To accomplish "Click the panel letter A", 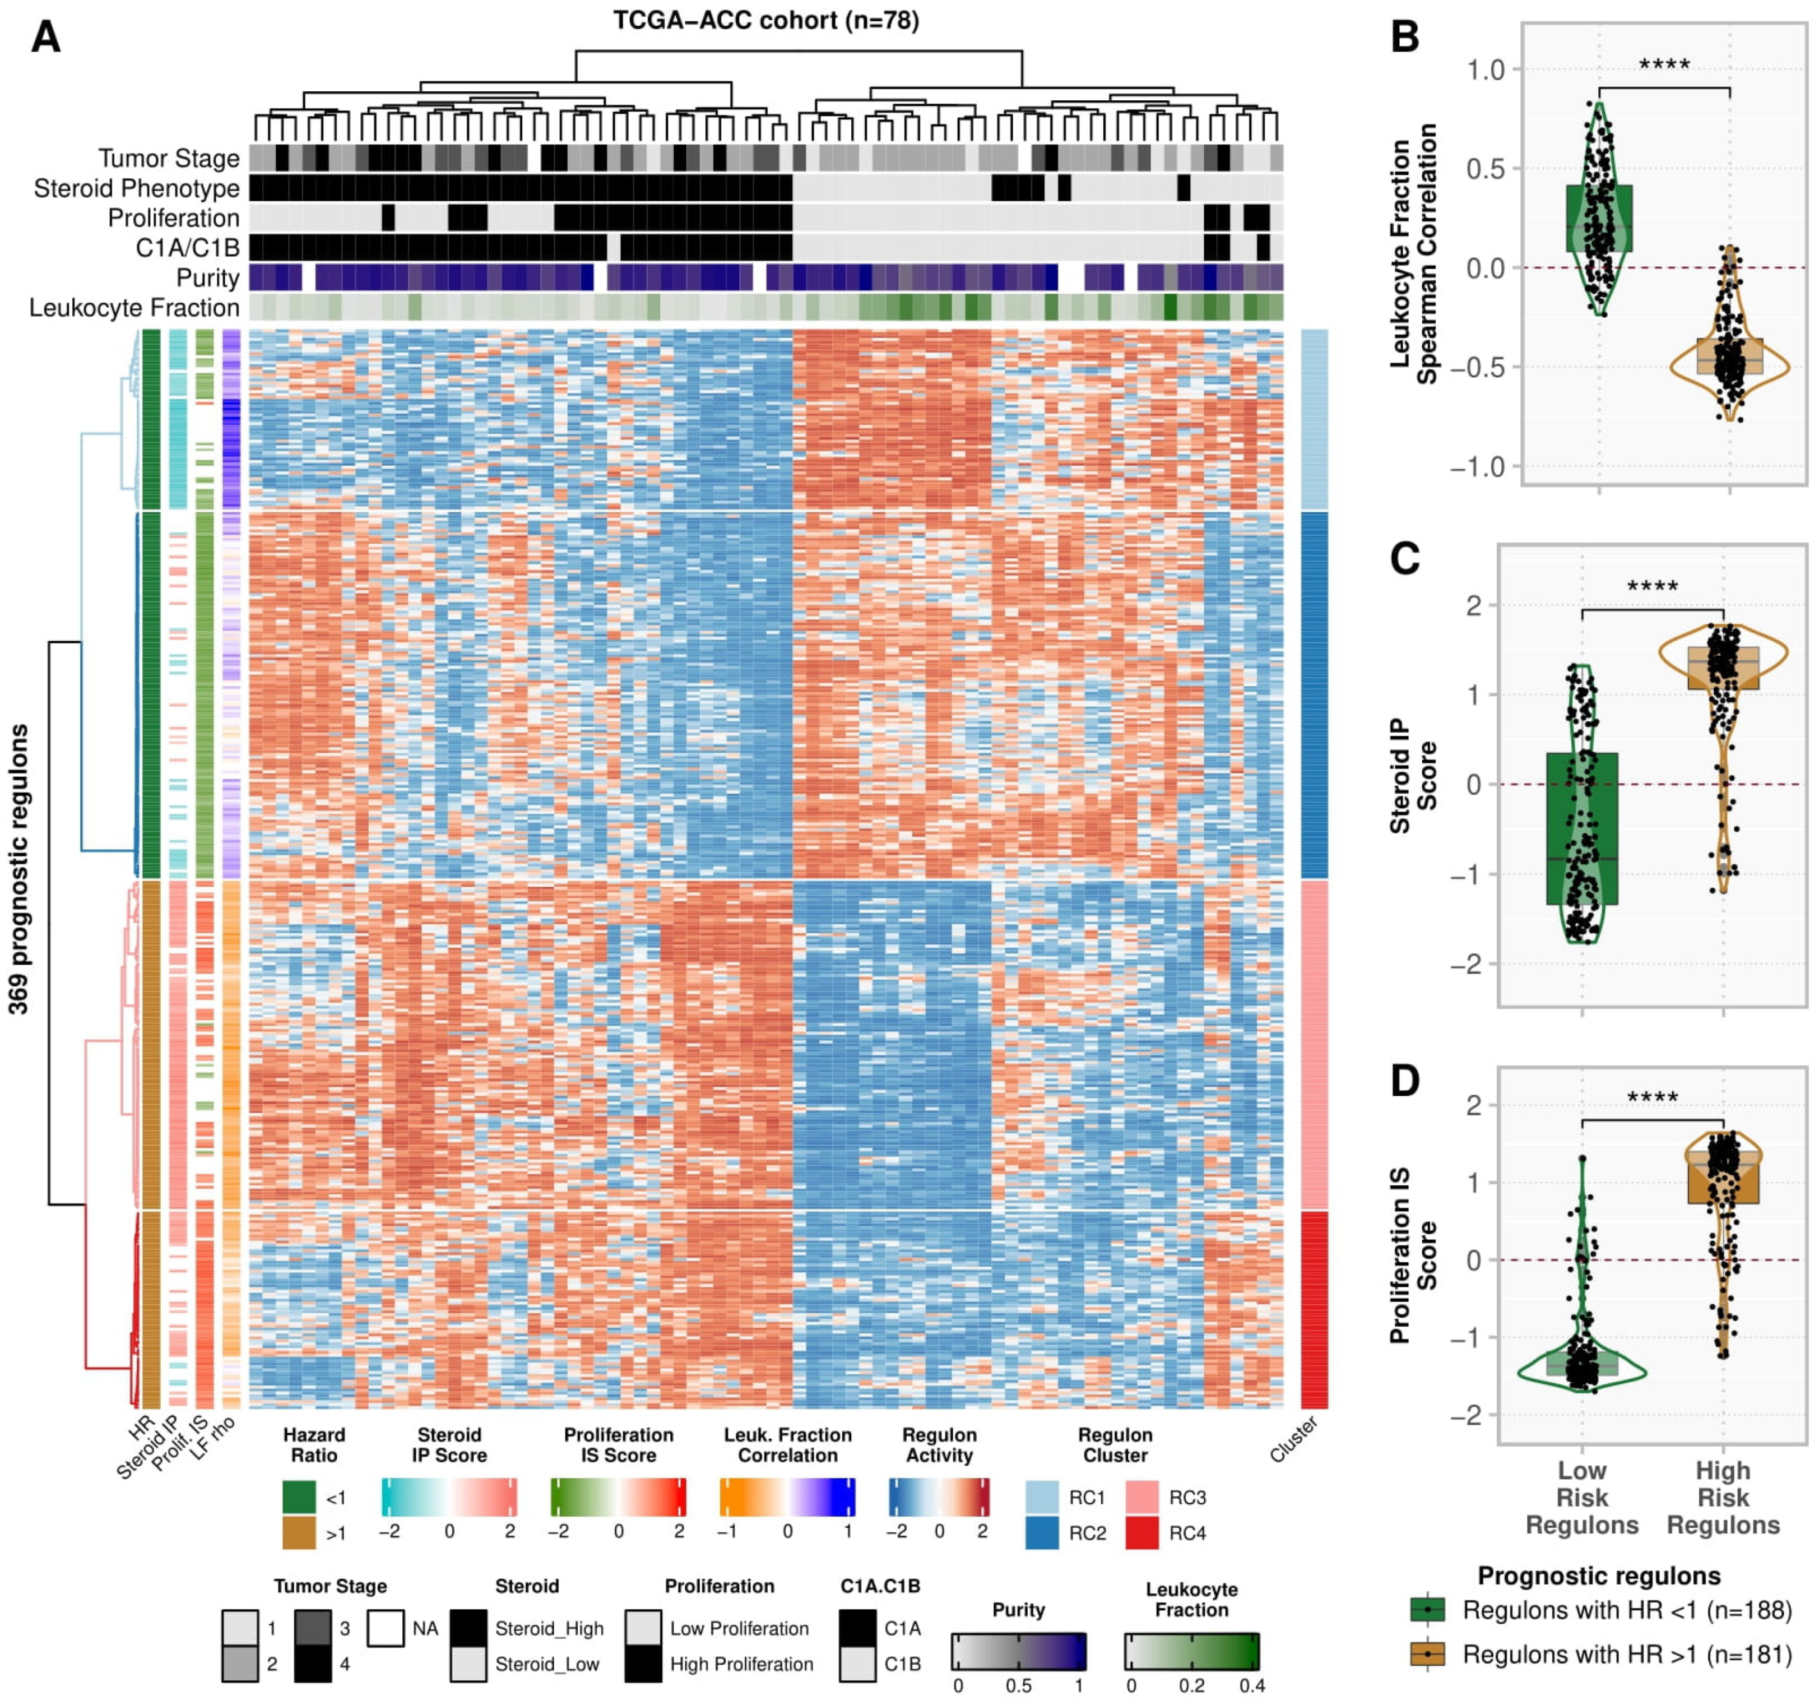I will [46, 39].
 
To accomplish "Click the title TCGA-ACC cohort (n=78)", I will [766, 20].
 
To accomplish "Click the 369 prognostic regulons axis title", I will [18, 869].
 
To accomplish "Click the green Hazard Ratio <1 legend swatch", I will [299, 1497].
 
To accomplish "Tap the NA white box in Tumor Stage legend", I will [385, 1628].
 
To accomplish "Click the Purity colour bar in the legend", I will [1018, 1651].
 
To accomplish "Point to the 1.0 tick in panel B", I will [1485, 70].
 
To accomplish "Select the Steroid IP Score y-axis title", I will [1413, 776].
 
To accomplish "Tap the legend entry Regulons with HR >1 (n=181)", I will [1626, 1655].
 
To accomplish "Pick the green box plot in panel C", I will [1582, 828].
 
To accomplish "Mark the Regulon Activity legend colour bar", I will [939, 1497].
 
